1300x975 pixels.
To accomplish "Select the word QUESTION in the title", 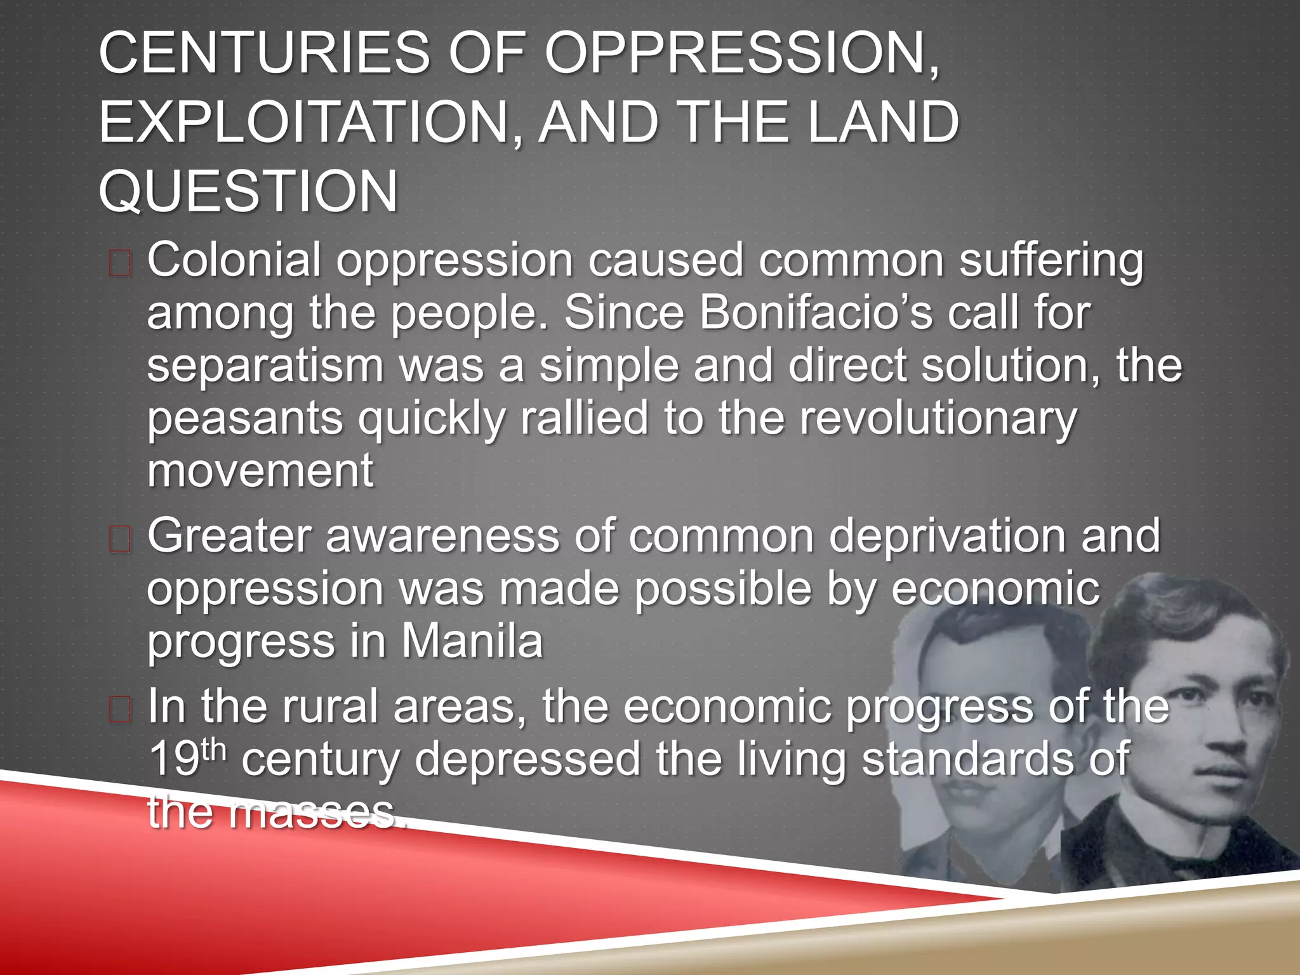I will pyautogui.click(x=248, y=191).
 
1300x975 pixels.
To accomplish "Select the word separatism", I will pyautogui.click(x=265, y=366).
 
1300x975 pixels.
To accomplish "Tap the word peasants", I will pyautogui.click(x=245, y=420).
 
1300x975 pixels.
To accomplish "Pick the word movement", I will pyautogui.click(x=260, y=471).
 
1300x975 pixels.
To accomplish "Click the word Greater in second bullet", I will pyautogui.click(x=229, y=536).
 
